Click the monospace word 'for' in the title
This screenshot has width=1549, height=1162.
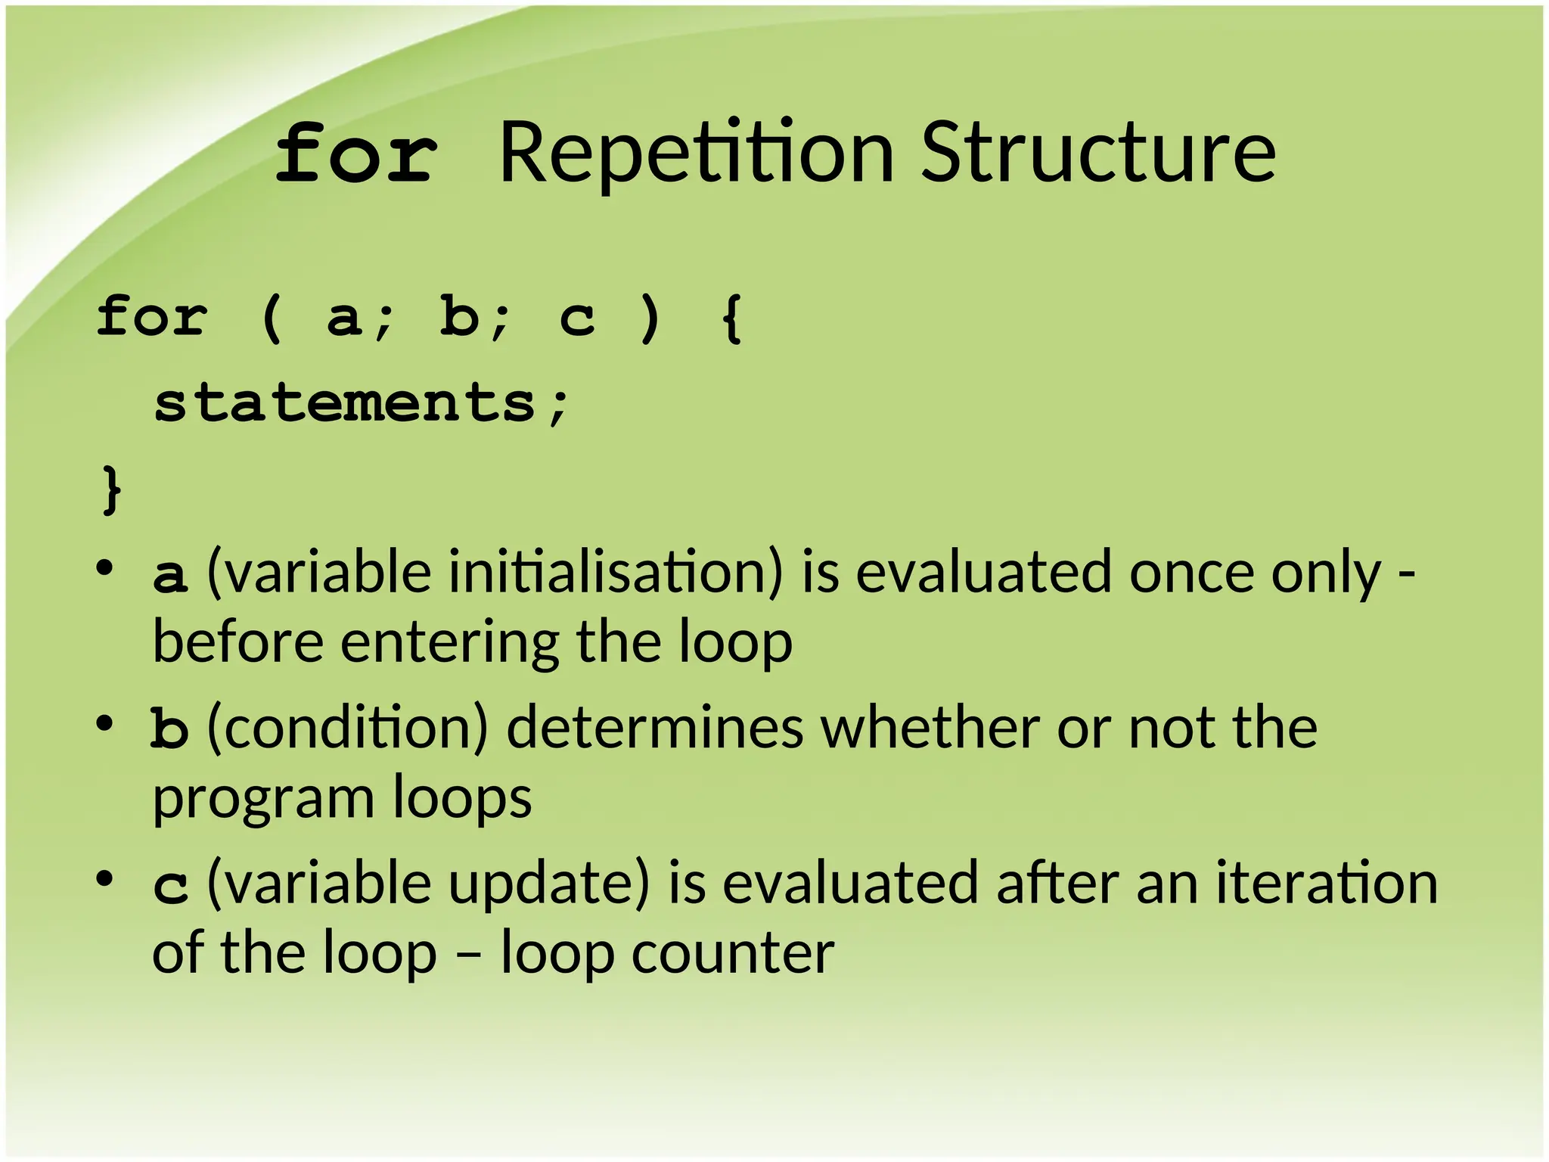[356, 155]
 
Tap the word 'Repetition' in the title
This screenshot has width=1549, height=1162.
[697, 155]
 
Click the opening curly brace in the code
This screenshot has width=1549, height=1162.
[731, 318]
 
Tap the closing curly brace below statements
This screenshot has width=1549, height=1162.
[111, 490]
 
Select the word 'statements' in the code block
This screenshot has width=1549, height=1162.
[345, 402]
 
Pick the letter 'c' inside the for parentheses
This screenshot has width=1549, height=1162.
[576, 318]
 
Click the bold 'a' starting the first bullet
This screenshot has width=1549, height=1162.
[169, 575]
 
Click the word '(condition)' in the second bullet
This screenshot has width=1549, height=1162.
[348, 729]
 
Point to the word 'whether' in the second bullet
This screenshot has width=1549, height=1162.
[930, 728]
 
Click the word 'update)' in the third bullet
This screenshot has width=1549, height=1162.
[549, 884]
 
